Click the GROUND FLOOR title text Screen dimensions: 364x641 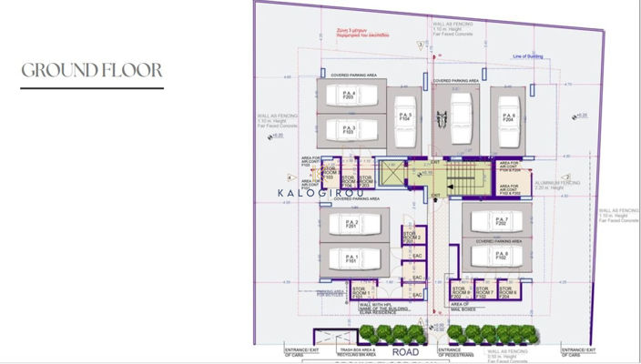point(91,70)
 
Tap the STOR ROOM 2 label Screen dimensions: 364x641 point(413,238)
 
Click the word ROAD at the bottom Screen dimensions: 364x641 point(404,350)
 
